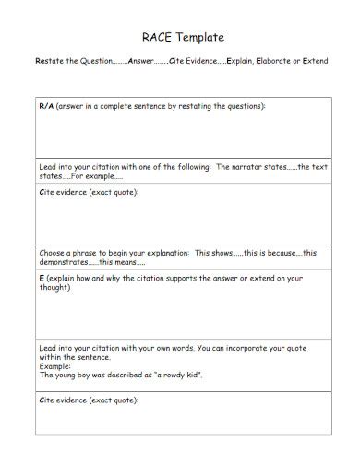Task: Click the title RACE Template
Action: pyautogui.click(x=180, y=38)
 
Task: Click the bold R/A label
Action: pyautogui.click(x=46, y=106)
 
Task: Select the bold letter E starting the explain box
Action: pyautogui.click(x=41, y=278)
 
